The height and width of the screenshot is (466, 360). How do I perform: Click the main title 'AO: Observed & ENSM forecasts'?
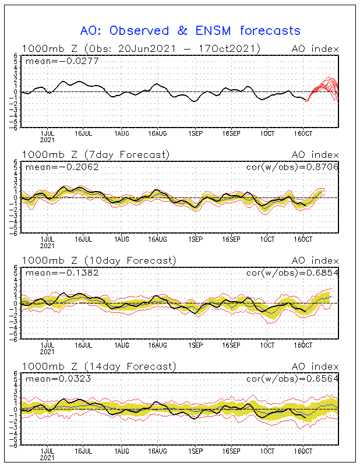[190, 31]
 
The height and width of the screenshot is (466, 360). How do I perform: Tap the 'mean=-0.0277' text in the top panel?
[62, 61]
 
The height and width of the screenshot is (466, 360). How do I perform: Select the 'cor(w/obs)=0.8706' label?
[292, 167]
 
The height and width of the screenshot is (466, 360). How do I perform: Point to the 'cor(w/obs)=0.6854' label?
[292, 273]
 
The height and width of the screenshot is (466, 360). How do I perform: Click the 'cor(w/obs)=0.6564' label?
[292, 379]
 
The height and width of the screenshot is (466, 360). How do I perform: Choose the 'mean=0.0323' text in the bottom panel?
[58, 379]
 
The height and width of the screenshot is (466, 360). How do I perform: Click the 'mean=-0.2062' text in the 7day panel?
[62, 167]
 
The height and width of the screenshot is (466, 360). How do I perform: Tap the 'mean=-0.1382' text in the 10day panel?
[62, 273]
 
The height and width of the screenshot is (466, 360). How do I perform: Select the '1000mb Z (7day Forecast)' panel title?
[96, 154]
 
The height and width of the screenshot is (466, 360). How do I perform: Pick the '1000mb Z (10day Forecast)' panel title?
[99, 260]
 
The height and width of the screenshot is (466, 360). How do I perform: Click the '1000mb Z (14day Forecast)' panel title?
[99, 366]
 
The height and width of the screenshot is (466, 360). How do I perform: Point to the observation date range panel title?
[141, 48]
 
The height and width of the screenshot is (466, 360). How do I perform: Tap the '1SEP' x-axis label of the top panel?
[195, 134]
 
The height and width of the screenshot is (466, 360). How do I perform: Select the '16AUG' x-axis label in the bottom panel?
[157, 451]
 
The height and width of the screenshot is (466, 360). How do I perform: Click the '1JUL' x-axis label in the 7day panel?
[47, 239]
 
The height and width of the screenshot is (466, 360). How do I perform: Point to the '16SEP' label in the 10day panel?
[231, 345]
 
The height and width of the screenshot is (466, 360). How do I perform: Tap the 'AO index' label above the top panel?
[315, 49]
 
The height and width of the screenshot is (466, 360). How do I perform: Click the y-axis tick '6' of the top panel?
[19, 55]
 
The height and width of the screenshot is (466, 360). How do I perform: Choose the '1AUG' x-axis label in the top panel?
[122, 134]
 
